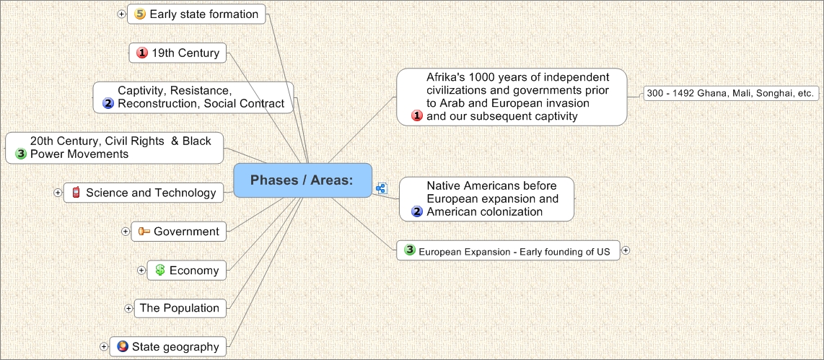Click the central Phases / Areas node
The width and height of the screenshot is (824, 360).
[x=303, y=180]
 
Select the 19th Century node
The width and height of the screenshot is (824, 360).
[x=177, y=53]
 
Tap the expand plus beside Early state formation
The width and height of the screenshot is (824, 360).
[x=121, y=14]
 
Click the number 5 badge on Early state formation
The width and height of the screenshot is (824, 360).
[x=140, y=14]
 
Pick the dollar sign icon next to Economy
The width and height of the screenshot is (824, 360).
[x=160, y=270]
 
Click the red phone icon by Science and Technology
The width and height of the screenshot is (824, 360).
[x=76, y=193]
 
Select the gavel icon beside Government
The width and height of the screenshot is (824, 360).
[x=144, y=232]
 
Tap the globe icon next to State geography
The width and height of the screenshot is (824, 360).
[x=123, y=346]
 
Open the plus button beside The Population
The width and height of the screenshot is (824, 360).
[x=128, y=309]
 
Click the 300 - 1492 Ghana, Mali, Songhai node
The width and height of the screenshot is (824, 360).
[x=731, y=94]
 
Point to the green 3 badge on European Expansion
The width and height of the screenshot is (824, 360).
[x=410, y=250]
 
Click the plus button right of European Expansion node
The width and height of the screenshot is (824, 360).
[x=626, y=250]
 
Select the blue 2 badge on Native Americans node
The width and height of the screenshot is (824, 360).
[x=417, y=212]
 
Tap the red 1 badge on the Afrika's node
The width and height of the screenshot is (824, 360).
[x=417, y=115]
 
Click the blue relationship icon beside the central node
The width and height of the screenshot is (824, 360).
[x=382, y=189]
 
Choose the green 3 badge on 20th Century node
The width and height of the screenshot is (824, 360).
[x=21, y=154]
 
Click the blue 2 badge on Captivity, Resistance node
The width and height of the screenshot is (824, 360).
[x=108, y=104]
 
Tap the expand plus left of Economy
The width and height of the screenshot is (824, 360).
[x=141, y=270]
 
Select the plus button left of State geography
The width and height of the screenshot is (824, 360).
[x=103, y=347]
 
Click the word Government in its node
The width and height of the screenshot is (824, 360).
[x=187, y=232]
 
